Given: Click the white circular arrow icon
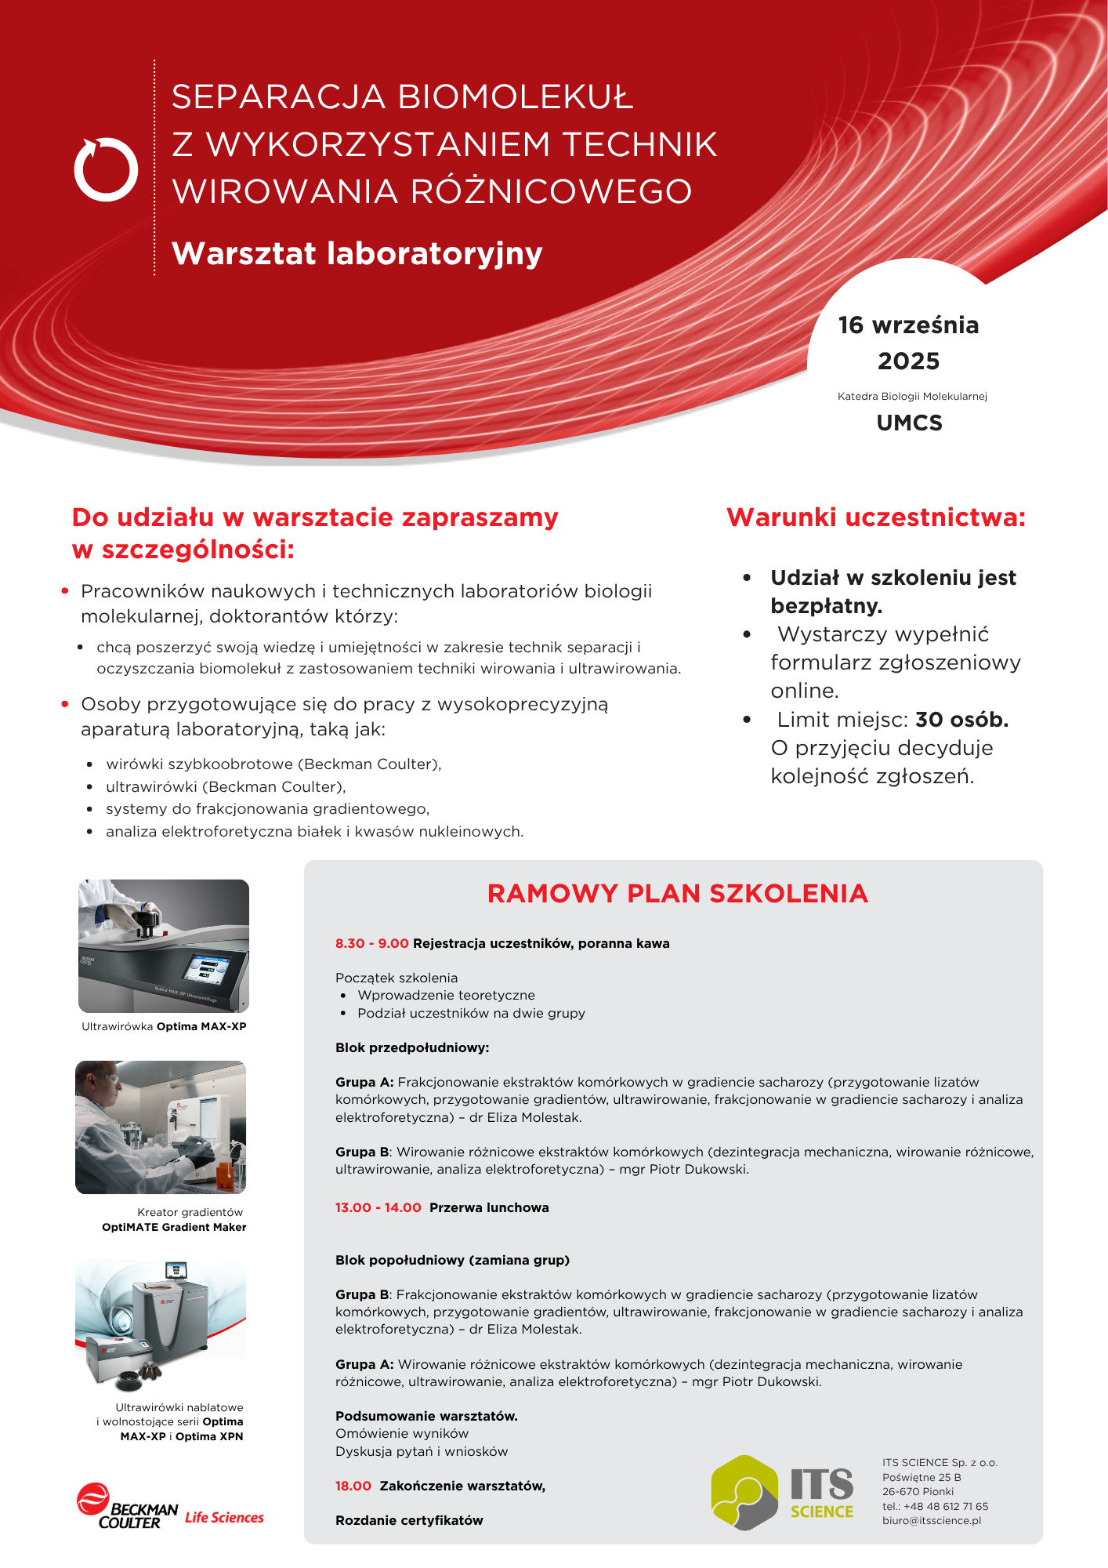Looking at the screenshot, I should pos(106,169).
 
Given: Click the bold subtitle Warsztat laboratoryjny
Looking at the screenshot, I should pos(357,253).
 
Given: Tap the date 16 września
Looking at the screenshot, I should pos(908,325).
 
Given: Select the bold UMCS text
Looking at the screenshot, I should pos(909,423).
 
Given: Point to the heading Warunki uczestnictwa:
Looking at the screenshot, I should pos(875,517).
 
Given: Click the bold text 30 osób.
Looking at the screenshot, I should pos(961,720).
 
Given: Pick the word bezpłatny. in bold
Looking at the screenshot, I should pos(826,606).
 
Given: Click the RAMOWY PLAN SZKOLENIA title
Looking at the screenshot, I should pos(677,894).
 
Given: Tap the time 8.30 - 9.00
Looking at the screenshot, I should pos(371,943).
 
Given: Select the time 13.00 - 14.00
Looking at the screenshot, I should pos(378,1207).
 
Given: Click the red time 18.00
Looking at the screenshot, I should pos(353,1486).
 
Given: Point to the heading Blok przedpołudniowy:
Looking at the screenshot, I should pos(412,1047).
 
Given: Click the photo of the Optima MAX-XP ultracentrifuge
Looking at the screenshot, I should pos(164,946).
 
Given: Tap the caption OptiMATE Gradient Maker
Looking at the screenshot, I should pos(174,1227).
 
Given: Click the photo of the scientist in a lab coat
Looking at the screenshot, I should pos(161,1127).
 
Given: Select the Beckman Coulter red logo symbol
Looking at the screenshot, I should pos(92,1498).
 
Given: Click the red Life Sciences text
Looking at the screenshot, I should pos(224,1518).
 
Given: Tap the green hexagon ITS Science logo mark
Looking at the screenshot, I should pos(744,1492).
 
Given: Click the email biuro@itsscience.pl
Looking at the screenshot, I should pos(931,1521).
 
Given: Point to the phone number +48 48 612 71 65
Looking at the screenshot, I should pos(946,1506).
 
